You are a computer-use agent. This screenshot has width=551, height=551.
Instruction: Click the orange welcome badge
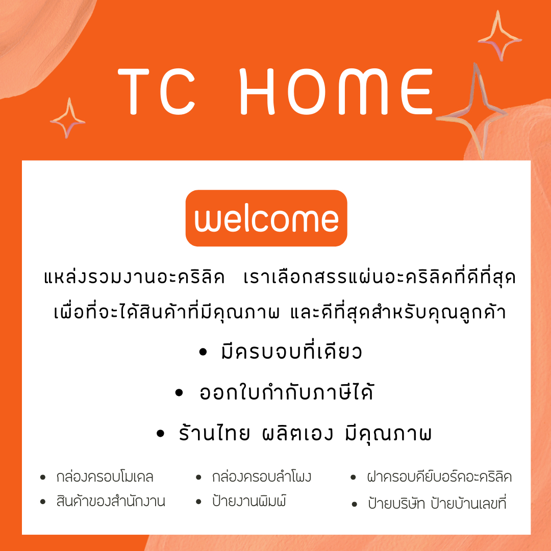(x=266, y=218)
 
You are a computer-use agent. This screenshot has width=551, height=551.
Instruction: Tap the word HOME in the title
(x=336, y=92)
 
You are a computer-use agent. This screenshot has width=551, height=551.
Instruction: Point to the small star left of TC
(x=67, y=118)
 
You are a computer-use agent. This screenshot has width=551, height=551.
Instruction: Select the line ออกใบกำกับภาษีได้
(x=286, y=393)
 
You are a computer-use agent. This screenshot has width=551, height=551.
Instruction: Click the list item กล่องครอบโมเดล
(x=105, y=478)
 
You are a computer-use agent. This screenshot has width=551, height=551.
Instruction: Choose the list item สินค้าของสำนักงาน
(x=111, y=502)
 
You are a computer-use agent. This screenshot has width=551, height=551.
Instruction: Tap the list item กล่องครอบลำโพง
(x=261, y=478)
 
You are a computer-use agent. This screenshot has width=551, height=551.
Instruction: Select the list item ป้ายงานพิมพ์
(x=249, y=502)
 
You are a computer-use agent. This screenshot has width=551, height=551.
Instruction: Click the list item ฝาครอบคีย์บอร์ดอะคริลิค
(x=439, y=478)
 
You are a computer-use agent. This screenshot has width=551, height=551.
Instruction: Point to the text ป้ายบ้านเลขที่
(x=468, y=504)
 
